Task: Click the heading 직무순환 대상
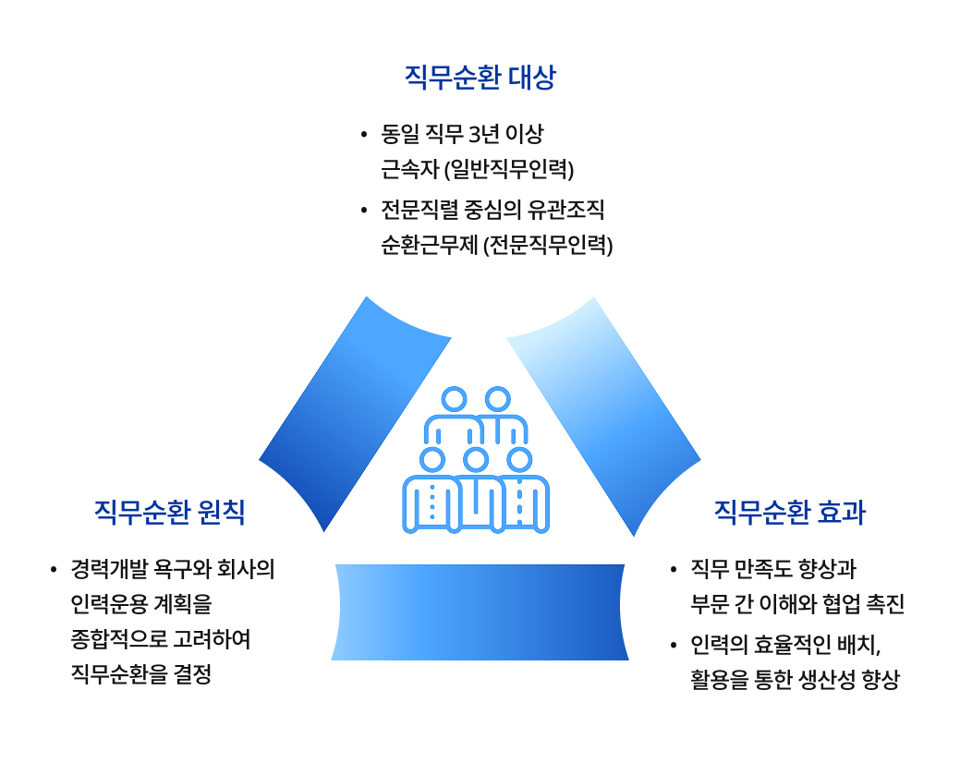pos(480,77)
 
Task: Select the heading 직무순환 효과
pos(790,512)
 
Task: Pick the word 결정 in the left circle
pos(193,675)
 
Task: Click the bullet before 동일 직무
pos(363,136)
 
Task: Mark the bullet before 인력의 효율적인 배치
pos(673,644)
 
